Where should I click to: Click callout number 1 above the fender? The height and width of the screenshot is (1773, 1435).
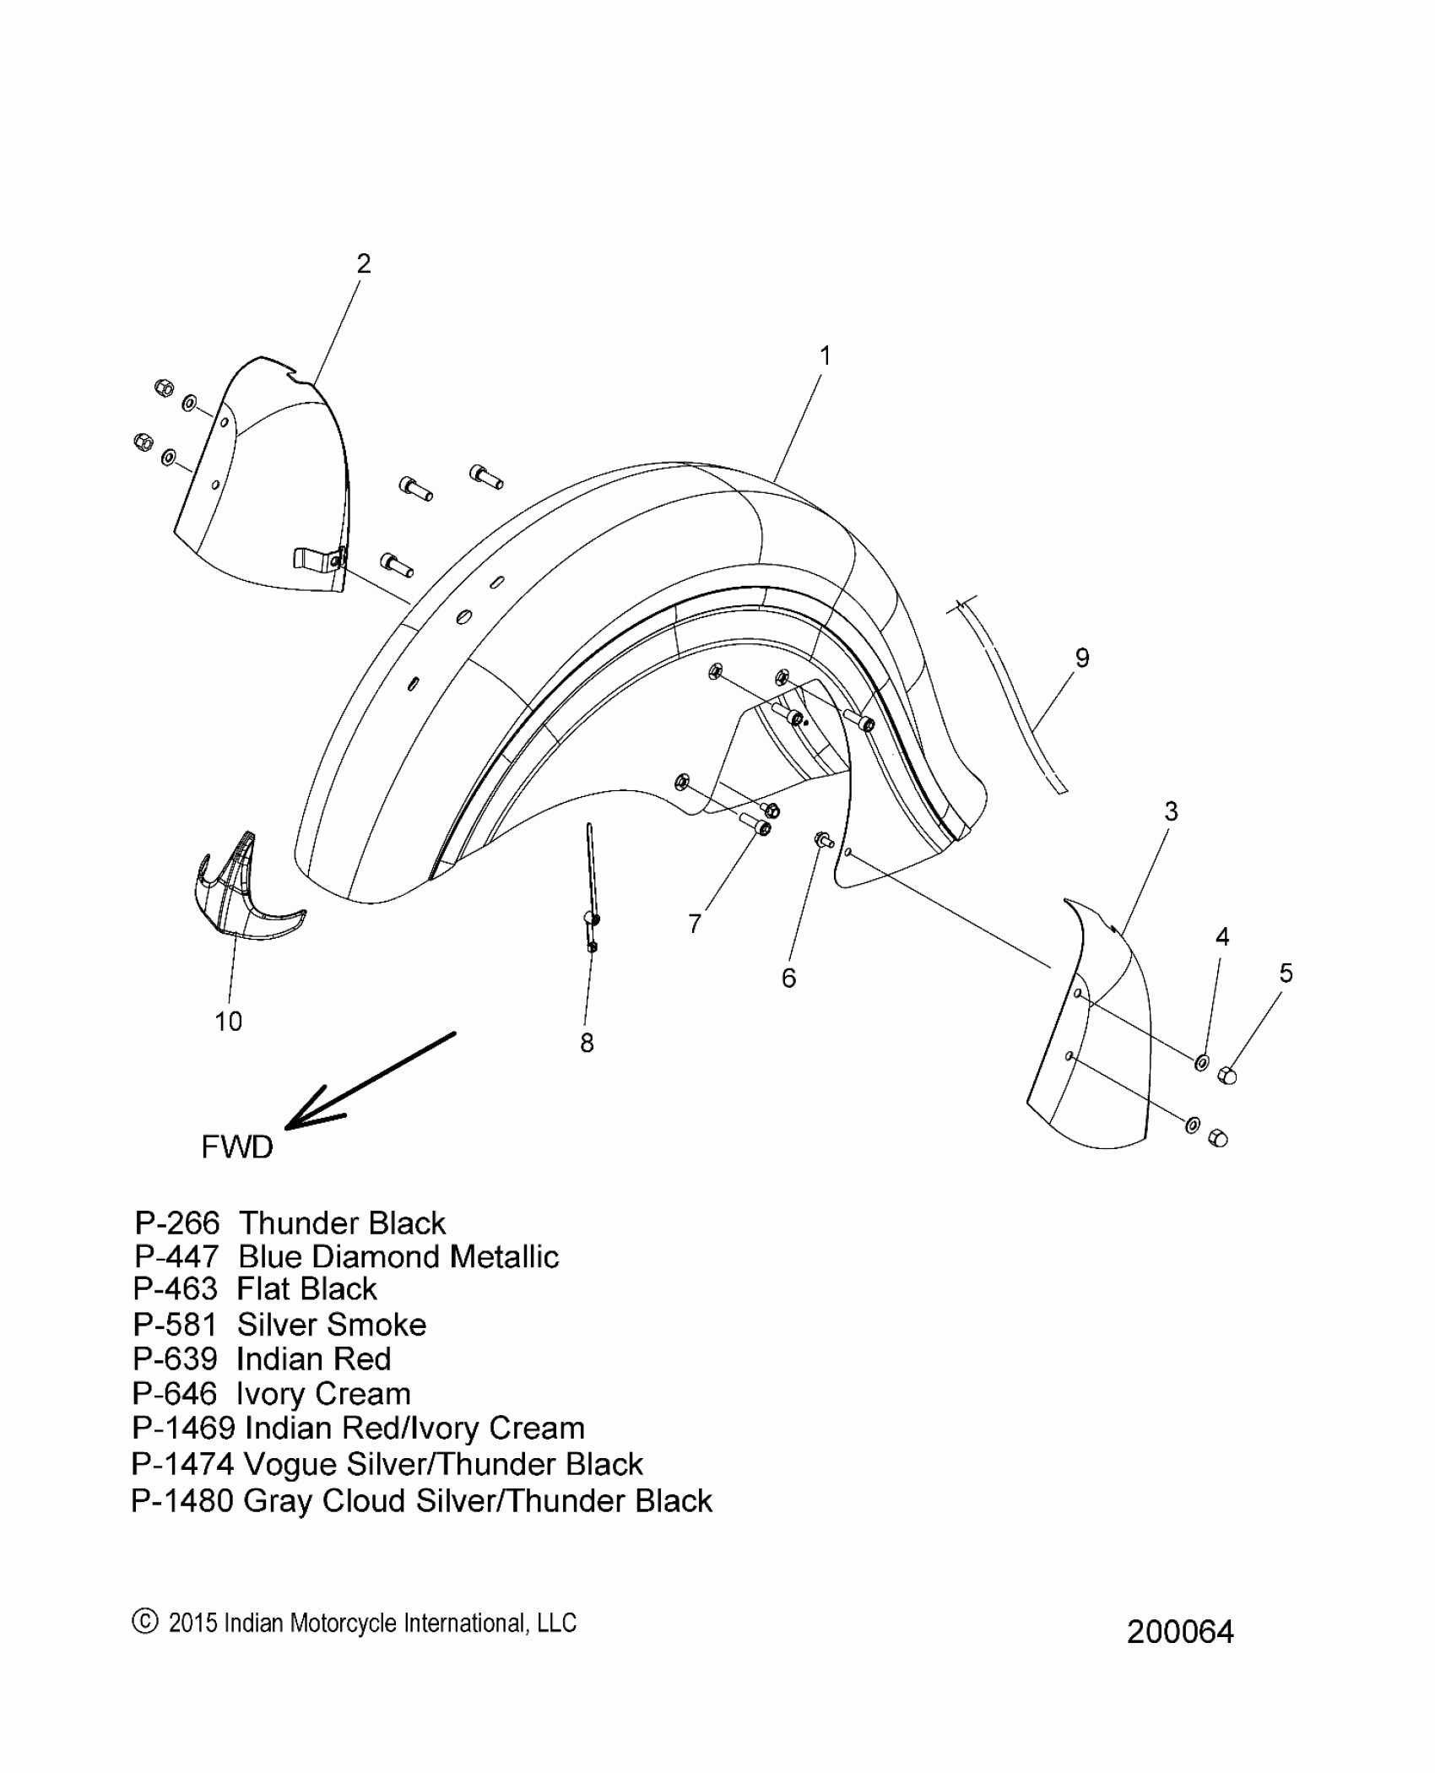[826, 356]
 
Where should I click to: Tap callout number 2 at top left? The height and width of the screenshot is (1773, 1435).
[363, 264]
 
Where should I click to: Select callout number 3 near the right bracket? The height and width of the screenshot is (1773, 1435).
[1171, 811]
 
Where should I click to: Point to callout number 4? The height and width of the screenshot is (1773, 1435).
[1221, 936]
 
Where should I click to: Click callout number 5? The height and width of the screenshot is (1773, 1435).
[1286, 973]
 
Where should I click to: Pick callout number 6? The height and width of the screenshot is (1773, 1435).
[788, 978]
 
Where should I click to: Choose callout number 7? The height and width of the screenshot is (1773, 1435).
[695, 924]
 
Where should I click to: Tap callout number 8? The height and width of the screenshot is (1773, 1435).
[587, 1044]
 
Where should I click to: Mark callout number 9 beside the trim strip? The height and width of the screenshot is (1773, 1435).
[1082, 658]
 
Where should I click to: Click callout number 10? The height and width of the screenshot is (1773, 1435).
[228, 1022]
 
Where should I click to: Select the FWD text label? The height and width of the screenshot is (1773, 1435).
[237, 1147]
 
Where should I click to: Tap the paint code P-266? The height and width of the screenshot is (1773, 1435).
[177, 1223]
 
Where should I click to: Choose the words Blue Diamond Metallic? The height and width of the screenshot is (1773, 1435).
[398, 1257]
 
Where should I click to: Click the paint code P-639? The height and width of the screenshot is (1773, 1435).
[176, 1359]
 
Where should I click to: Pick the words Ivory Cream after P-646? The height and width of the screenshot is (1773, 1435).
[323, 1394]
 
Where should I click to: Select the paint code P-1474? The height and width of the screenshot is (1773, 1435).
[182, 1464]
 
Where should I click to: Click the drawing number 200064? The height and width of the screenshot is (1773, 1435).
[1180, 1632]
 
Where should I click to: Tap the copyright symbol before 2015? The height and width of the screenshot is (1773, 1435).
[145, 1622]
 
